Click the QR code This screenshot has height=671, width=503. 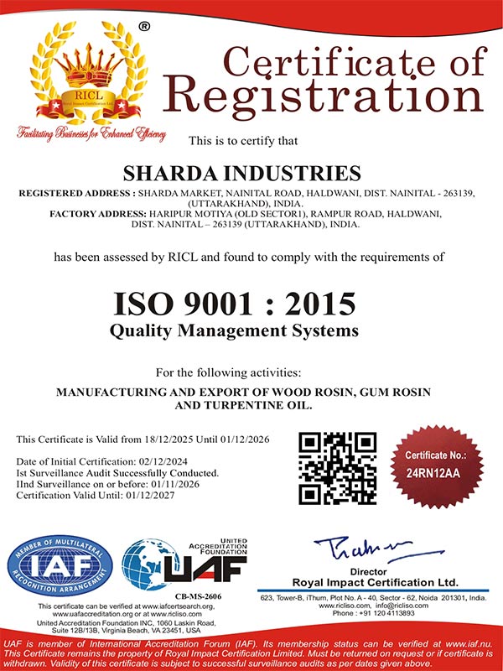tap(338, 468)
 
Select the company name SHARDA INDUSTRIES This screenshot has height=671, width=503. tap(242, 174)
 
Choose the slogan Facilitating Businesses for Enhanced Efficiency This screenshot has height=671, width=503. tap(91, 133)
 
